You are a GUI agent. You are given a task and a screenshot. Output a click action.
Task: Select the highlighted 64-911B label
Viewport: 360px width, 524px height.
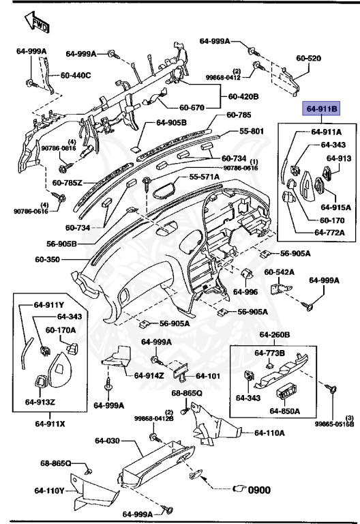321,108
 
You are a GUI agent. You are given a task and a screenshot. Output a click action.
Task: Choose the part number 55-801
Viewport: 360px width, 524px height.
252,131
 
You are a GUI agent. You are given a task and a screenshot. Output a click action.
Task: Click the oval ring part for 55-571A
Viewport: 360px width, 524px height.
164,186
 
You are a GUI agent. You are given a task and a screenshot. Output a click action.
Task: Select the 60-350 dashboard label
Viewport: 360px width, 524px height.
48,260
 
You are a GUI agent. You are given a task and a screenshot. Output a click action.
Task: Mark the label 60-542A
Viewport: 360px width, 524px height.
280,272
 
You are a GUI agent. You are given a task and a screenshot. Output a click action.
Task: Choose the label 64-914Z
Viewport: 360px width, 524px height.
148,375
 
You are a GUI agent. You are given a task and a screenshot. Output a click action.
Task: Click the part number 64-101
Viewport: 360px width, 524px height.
209,375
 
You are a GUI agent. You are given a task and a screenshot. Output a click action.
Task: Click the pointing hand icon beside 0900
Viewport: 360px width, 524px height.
240,489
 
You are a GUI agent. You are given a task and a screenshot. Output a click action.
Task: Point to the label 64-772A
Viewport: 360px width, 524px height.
329,233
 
